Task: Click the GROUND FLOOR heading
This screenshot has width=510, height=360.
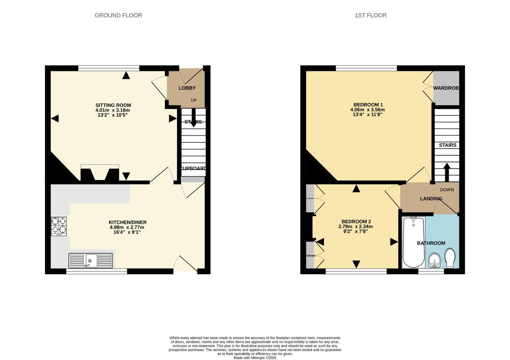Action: pyautogui.click(x=118, y=15)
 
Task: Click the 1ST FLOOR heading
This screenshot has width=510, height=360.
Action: pyautogui.click(x=370, y=15)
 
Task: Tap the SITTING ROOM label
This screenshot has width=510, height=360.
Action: pyautogui.click(x=113, y=105)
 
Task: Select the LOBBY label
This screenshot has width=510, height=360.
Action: pyautogui.click(x=187, y=88)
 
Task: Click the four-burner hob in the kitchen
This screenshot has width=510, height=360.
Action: pyautogui.click(x=59, y=226)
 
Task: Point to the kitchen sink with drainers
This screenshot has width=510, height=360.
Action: pyautogui.click(x=91, y=260)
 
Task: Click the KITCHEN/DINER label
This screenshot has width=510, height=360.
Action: pyautogui.click(x=127, y=222)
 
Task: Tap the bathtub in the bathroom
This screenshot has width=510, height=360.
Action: pyautogui.click(x=413, y=242)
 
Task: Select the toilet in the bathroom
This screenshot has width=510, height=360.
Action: pyautogui.click(x=450, y=258)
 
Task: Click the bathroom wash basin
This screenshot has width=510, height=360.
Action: pyautogui.click(x=434, y=260)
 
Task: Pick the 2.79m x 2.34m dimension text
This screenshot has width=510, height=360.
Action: pyautogui.click(x=355, y=227)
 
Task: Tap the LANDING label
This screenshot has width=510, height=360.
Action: pyautogui.click(x=431, y=199)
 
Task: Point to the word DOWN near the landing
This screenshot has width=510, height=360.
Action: pyautogui.click(x=447, y=190)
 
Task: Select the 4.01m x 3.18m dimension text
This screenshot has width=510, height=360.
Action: pyautogui.click(x=113, y=110)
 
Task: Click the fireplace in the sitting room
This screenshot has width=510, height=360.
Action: pyautogui.click(x=100, y=173)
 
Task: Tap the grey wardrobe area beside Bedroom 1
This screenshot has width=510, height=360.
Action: pyautogui.click(x=446, y=88)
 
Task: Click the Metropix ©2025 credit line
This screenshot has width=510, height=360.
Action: pyautogui.click(x=255, y=358)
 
